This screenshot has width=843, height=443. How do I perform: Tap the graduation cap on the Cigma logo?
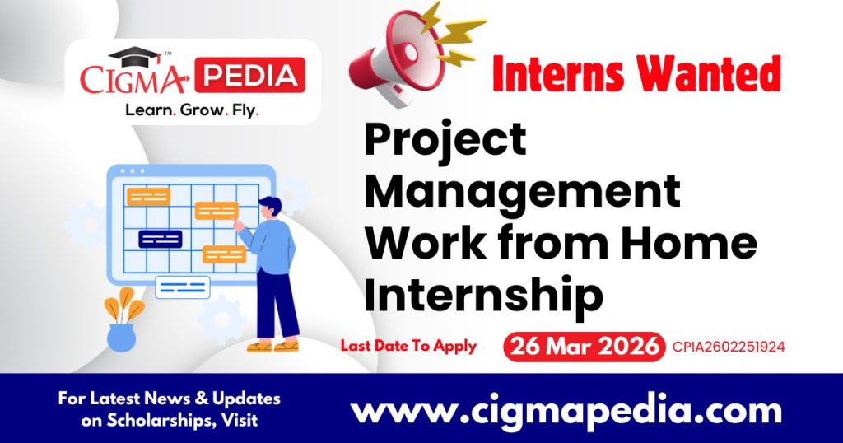[x=135, y=58]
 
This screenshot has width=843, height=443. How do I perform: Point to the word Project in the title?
[x=445, y=140]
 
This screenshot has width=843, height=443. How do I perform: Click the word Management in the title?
[x=522, y=191]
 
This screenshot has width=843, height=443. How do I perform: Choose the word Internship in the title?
[x=484, y=294]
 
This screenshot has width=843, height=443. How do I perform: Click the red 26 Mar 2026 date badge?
[x=584, y=347]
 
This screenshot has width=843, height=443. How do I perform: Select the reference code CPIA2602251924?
[x=728, y=347]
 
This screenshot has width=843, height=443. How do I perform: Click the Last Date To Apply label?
[x=408, y=346]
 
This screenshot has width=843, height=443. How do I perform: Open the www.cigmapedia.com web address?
[x=566, y=409]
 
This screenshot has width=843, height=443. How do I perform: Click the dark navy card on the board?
[x=161, y=239]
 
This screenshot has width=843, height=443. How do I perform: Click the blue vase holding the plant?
[x=120, y=337]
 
